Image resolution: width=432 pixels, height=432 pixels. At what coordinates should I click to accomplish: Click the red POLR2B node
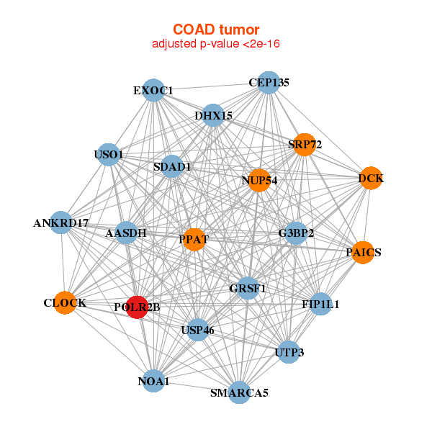click(x=137, y=307)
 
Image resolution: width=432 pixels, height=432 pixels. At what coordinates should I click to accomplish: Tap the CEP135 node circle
click(x=268, y=83)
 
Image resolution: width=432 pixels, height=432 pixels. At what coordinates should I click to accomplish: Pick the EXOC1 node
click(x=153, y=90)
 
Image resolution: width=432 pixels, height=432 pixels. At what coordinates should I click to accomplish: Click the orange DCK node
click(x=370, y=179)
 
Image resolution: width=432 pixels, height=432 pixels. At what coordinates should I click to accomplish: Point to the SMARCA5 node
click(x=239, y=392)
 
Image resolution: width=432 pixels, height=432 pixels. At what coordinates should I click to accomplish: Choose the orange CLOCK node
click(x=65, y=303)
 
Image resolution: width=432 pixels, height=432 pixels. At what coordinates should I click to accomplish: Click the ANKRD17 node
click(x=61, y=223)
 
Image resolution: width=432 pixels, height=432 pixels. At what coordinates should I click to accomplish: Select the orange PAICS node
click(x=363, y=253)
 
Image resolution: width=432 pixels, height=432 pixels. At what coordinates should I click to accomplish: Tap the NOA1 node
click(x=153, y=381)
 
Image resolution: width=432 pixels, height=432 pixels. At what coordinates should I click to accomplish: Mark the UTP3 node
click(x=289, y=352)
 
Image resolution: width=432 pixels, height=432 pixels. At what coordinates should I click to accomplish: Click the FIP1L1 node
click(x=320, y=304)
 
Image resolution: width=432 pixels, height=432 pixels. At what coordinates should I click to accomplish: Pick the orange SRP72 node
click(x=305, y=145)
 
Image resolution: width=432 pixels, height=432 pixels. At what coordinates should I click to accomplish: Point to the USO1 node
click(x=109, y=154)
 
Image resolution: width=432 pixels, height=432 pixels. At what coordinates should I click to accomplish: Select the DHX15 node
click(x=213, y=115)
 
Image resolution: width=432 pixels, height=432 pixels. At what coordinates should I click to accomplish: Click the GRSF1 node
click(x=248, y=289)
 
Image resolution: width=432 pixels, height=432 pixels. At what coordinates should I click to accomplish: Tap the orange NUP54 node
click(x=259, y=180)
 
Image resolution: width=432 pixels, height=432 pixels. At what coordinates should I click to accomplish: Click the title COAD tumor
click(x=216, y=30)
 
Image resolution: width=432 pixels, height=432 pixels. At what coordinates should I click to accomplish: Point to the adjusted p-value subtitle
click(x=216, y=44)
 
